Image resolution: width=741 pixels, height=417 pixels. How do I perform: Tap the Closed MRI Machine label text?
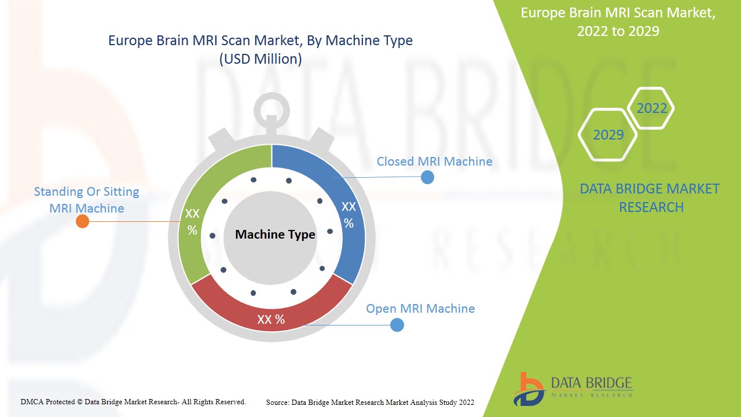(x=434, y=162)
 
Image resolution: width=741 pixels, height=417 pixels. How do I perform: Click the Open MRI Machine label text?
(x=420, y=309)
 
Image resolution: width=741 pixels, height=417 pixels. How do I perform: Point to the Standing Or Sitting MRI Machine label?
(x=87, y=199)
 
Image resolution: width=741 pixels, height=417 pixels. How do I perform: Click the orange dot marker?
(x=83, y=221)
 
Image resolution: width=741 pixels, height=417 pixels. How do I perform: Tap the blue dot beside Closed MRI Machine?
(x=427, y=177)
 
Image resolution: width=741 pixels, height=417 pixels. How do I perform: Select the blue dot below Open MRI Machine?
(x=397, y=325)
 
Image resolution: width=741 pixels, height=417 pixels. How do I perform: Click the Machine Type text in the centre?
(x=275, y=235)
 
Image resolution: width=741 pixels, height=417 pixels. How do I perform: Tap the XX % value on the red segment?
(x=271, y=320)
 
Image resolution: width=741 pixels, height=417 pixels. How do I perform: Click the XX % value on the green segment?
(x=192, y=222)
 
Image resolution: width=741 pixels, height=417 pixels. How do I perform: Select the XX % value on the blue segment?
(x=349, y=215)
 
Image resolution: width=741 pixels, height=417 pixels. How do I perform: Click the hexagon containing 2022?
(x=651, y=108)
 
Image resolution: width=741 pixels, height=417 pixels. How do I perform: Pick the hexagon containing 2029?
(x=608, y=134)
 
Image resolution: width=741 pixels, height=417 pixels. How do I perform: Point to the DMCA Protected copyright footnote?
(x=133, y=401)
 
